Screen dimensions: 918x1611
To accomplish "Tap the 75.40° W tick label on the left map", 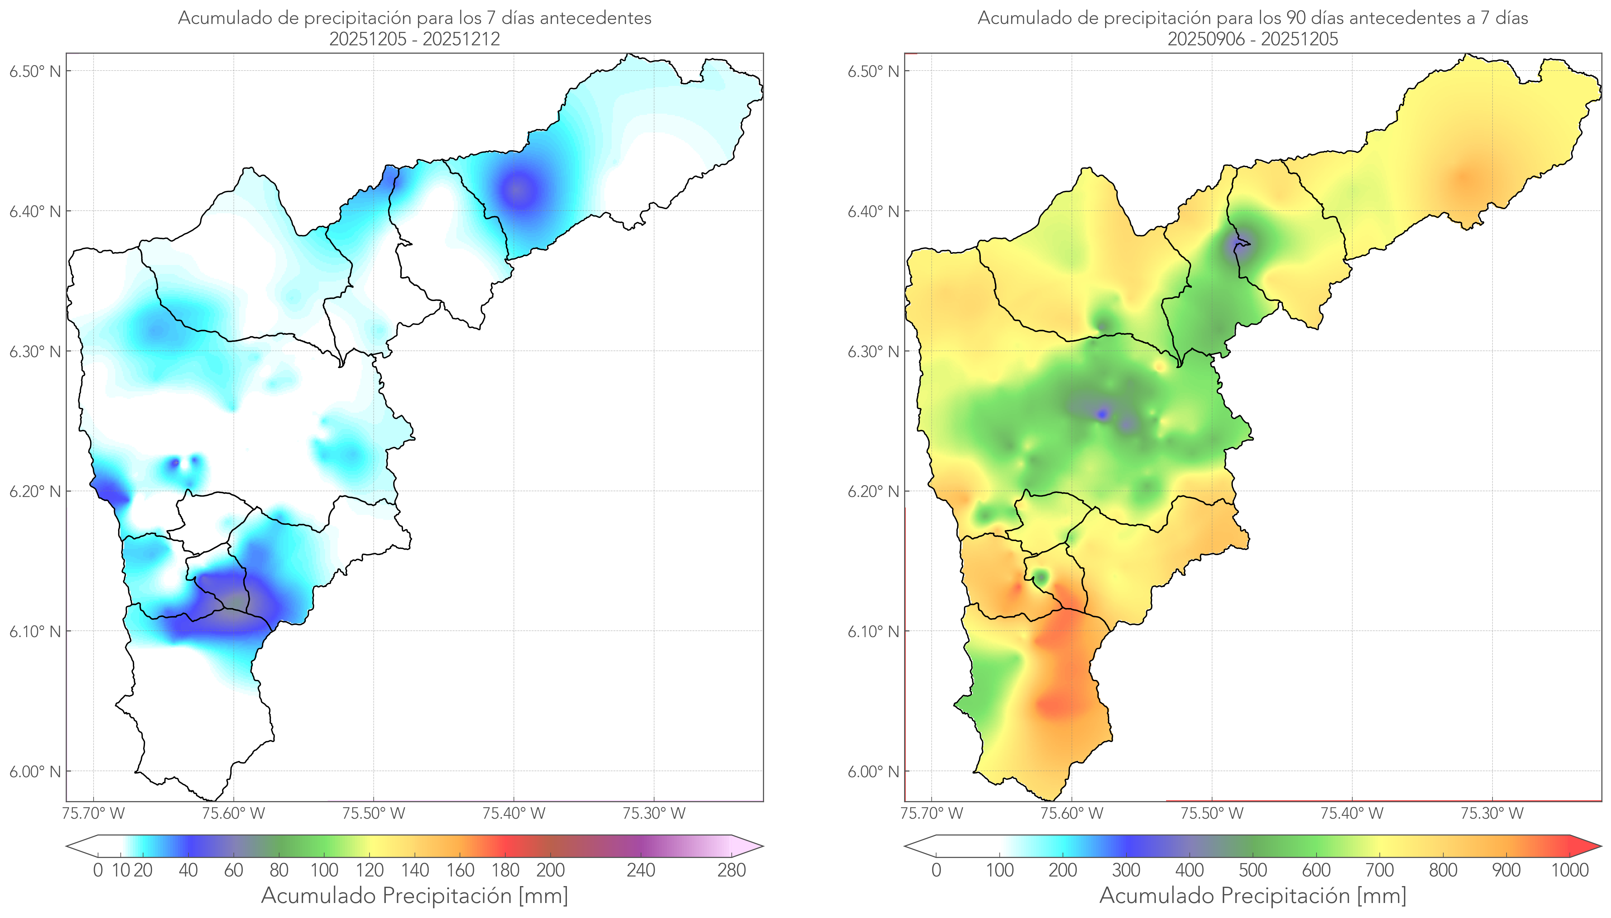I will (x=514, y=813).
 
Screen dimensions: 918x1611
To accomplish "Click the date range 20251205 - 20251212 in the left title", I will (x=415, y=39).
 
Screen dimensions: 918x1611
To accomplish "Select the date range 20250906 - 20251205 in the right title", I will (x=1253, y=39).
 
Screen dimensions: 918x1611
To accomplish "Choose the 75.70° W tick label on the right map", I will (x=932, y=813).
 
